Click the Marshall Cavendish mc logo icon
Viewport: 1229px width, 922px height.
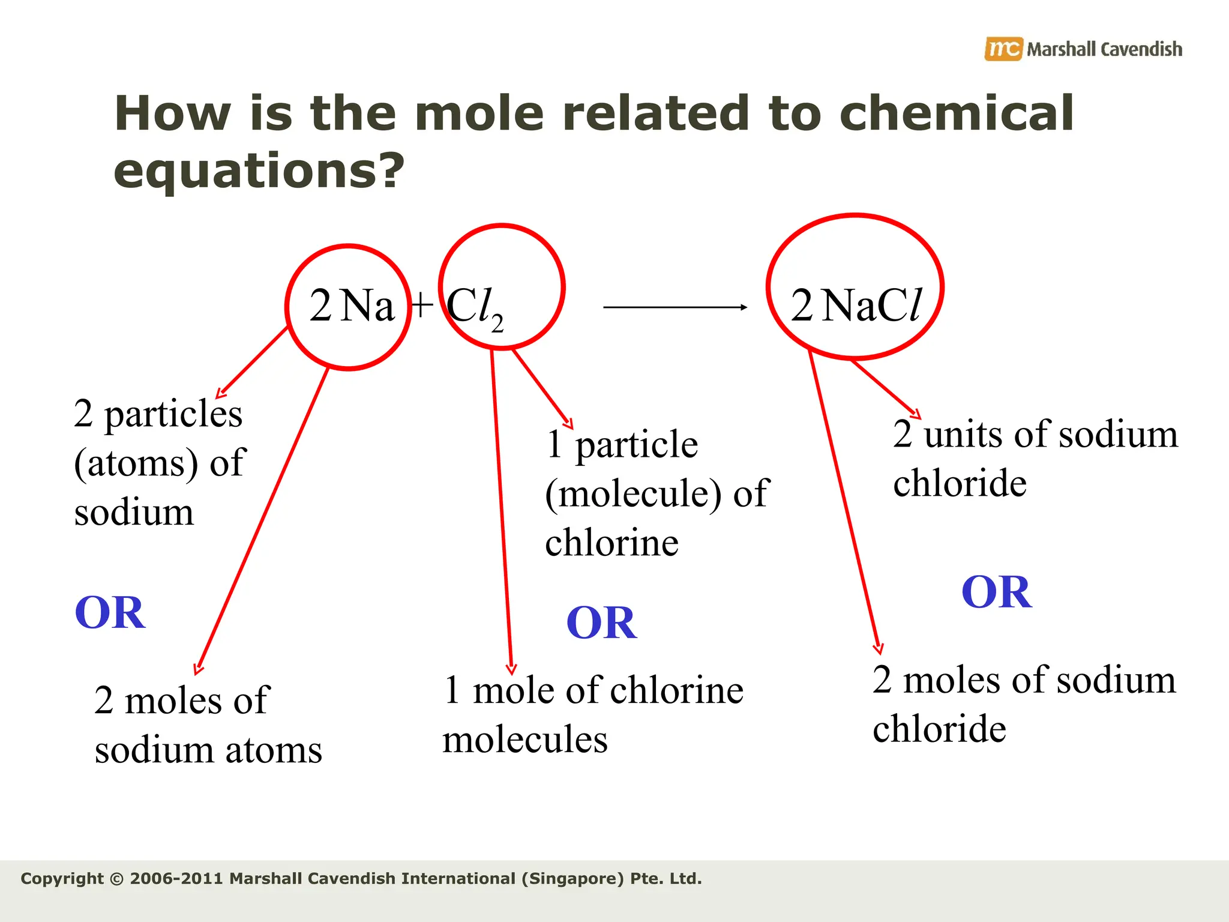click(1002, 49)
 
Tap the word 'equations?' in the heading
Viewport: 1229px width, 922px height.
click(259, 171)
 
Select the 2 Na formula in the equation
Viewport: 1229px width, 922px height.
click(352, 306)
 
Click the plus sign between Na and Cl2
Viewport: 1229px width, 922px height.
click(422, 304)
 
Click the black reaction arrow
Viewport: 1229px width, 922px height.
click(675, 307)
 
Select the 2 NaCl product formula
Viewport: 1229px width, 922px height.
click(856, 306)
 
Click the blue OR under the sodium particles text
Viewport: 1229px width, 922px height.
click(110, 613)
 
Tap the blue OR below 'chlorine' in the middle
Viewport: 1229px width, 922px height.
click(601, 622)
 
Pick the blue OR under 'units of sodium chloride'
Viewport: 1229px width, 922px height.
click(997, 592)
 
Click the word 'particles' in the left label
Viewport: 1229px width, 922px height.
click(173, 414)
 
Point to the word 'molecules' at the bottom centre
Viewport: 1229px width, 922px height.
click(525, 740)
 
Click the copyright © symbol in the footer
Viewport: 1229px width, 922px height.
click(118, 879)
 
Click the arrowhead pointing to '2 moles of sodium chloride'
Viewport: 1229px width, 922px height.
click(879, 648)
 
